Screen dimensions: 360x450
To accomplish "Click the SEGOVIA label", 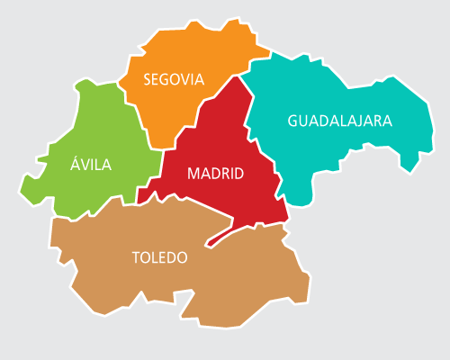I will click(x=174, y=79).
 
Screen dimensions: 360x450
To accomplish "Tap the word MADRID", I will click(x=215, y=174).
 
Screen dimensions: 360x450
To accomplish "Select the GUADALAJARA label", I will click(x=340, y=121).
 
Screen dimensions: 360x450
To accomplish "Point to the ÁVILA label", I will click(x=91, y=164).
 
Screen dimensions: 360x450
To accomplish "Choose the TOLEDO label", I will click(x=159, y=257).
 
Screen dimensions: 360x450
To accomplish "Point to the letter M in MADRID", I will click(x=193, y=174).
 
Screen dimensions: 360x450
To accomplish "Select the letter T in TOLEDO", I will click(x=136, y=257).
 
